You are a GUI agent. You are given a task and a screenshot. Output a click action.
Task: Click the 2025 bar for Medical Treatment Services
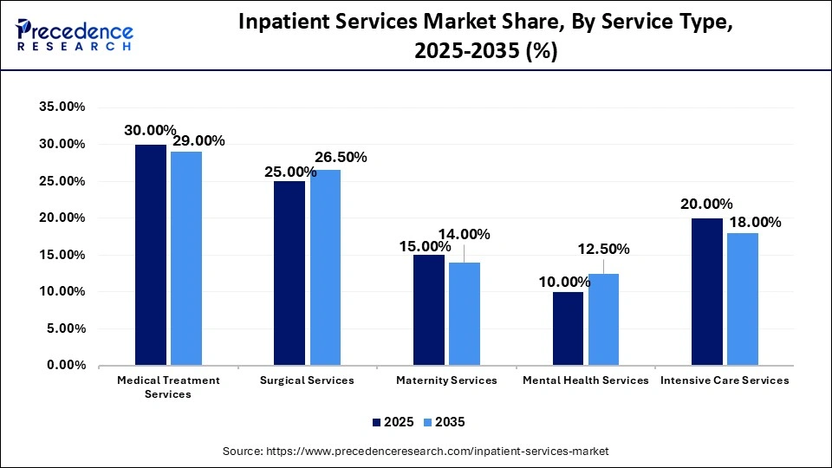pyautogui.click(x=151, y=255)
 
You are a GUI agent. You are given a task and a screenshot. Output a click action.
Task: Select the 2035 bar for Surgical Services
pyautogui.click(x=324, y=268)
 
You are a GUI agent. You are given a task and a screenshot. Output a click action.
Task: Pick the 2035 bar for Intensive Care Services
pyautogui.click(x=742, y=299)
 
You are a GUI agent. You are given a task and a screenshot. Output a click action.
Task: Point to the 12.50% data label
pyautogui.click(x=603, y=249)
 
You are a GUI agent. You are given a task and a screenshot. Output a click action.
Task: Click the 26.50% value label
pyautogui.click(x=341, y=157)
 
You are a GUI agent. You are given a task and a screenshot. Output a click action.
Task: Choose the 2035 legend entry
pyautogui.click(x=445, y=422)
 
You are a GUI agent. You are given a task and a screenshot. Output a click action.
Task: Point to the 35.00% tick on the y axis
pyautogui.click(x=62, y=107)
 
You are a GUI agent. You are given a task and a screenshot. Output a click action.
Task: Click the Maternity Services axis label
pyautogui.click(x=446, y=380)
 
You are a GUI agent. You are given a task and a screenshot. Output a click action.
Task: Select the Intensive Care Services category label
pyautogui.click(x=725, y=380)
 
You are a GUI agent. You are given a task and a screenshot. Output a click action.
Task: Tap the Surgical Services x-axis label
pyautogui.click(x=307, y=380)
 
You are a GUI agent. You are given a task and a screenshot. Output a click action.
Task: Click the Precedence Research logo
pyautogui.click(x=75, y=35)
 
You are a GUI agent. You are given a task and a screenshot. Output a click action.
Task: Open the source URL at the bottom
pyautogui.click(x=416, y=451)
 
